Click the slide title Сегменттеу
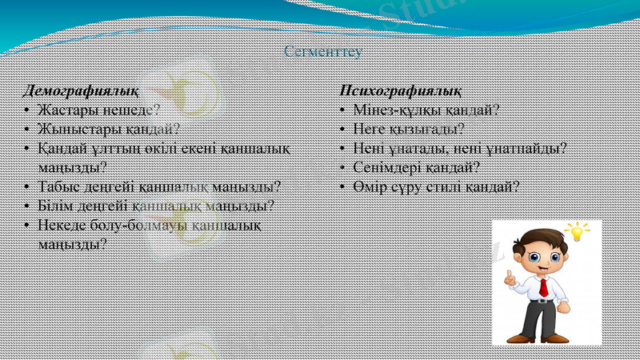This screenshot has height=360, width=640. pyautogui.click(x=323, y=52)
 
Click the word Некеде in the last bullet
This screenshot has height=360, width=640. pyautogui.click(x=61, y=225)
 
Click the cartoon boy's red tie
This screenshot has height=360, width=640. pyautogui.click(x=543, y=287)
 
